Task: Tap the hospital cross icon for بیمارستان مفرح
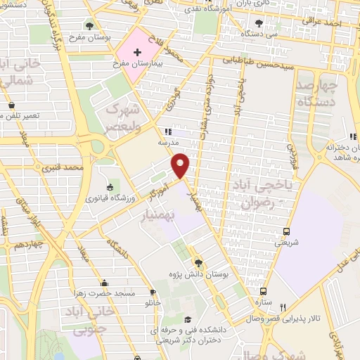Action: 136,53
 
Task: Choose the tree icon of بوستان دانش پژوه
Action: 199,261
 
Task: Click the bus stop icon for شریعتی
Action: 287,231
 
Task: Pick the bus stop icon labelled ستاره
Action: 263,291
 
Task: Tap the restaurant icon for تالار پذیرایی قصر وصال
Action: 283,307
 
